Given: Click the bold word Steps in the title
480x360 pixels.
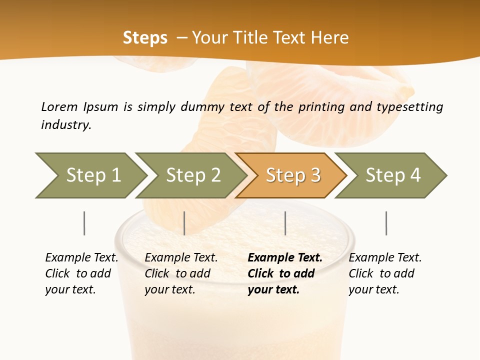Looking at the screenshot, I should tap(145, 37).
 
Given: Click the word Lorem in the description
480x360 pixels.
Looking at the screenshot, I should tap(59, 106).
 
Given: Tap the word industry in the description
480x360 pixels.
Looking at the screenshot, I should tap(66, 124).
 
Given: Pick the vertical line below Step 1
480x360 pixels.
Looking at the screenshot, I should tap(84, 223).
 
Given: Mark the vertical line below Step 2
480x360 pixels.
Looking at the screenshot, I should tap(184, 223).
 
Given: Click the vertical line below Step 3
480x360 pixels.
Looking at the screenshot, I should tap(285, 223).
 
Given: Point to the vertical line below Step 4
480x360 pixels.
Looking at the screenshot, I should tap(386, 223).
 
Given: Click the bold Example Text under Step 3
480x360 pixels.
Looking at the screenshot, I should tap(285, 258).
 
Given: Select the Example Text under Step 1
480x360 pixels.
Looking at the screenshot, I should tap(81, 258).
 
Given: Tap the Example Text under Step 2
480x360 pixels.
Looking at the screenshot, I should tap(181, 258).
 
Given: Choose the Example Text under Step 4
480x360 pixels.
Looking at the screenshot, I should tap(385, 258).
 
